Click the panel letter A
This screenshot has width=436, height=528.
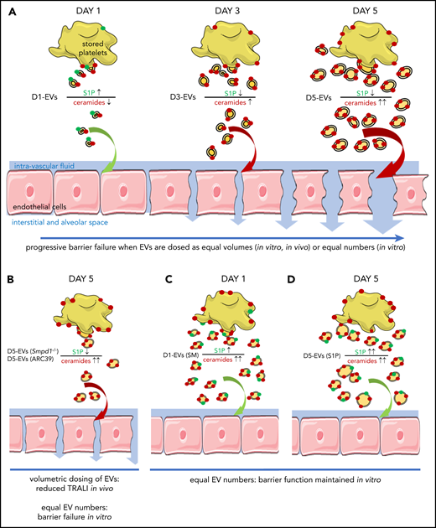click(8, 8)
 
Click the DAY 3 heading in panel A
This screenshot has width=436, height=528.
click(219, 9)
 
